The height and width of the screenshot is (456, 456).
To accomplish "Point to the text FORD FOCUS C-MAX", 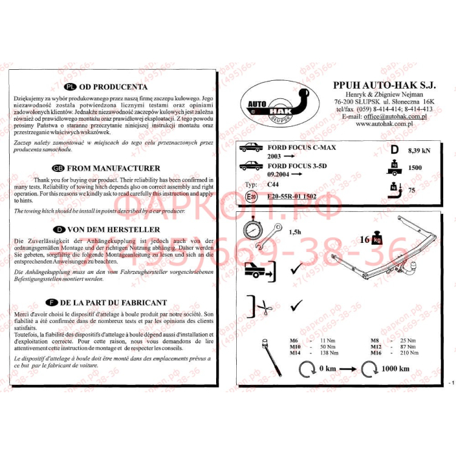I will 301,148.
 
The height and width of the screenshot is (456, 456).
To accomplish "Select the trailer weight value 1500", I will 416,168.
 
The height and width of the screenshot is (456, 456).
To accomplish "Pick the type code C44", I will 274,184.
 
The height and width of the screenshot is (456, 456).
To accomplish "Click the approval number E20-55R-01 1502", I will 291,196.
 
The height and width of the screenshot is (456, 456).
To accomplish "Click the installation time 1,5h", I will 294,232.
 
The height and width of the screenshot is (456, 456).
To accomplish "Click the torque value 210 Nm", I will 409,353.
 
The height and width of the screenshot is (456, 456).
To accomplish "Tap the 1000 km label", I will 395,369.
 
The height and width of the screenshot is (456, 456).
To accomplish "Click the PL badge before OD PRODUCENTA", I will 70,87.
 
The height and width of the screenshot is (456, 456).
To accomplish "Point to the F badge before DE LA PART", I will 53,302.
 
